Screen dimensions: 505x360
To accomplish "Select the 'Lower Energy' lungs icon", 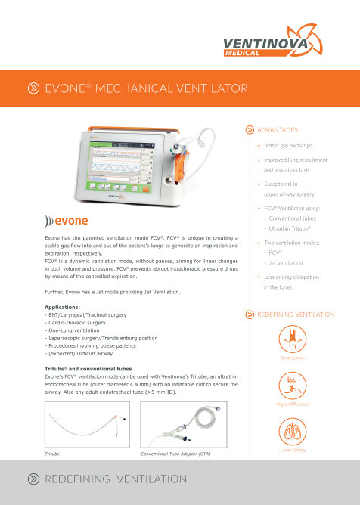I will (x=292, y=432).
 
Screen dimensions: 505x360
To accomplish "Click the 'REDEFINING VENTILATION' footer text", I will (x=116, y=479).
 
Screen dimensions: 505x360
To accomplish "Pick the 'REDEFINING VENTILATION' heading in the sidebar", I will (x=296, y=314).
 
